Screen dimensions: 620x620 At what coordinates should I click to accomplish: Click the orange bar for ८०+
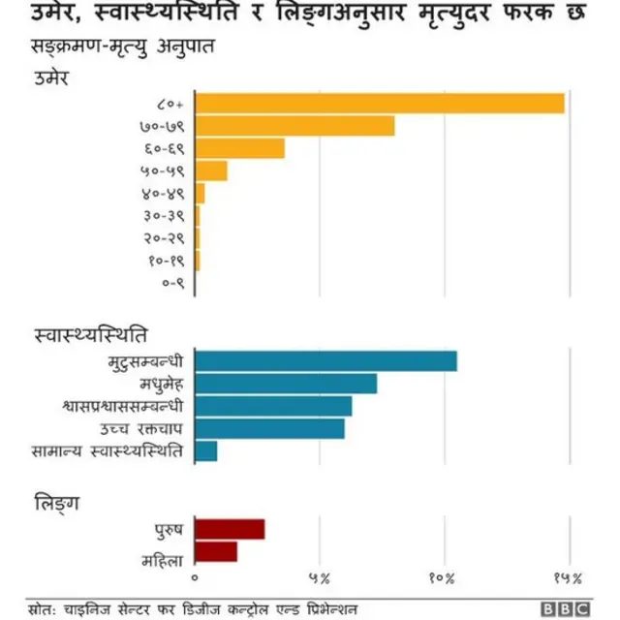(x=380, y=104)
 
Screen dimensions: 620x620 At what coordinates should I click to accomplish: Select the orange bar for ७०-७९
(x=294, y=126)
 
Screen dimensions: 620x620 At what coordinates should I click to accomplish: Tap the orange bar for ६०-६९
(x=239, y=148)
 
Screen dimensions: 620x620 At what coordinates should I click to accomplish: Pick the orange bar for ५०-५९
(x=211, y=170)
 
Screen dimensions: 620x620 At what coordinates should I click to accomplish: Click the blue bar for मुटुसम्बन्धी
(x=325, y=361)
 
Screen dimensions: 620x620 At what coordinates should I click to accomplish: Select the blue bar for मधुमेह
(x=286, y=384)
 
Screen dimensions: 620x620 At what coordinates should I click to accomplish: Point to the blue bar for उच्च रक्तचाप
(x=269, y=428)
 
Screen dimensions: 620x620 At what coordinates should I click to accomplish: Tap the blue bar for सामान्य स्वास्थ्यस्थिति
(x=206, y=450)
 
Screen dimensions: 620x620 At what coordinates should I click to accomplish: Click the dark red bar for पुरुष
(x=230, y=529)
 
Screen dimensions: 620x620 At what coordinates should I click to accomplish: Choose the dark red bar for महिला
(x=216, y=551)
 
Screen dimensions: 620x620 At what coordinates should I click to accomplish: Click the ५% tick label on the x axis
(x=320, y=578)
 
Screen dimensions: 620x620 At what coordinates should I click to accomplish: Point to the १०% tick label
(x=443, y=578)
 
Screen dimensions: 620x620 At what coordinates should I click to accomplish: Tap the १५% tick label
(x=568, y=578)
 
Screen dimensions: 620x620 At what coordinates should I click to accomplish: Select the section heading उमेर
(x=50, y=77)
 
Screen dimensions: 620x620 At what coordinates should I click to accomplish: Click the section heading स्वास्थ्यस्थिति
(x=91, y=335)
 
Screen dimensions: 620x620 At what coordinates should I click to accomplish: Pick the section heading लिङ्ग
(x=57, y=503)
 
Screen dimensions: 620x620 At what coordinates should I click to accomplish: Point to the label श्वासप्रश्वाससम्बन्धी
(x=121, y=406)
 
